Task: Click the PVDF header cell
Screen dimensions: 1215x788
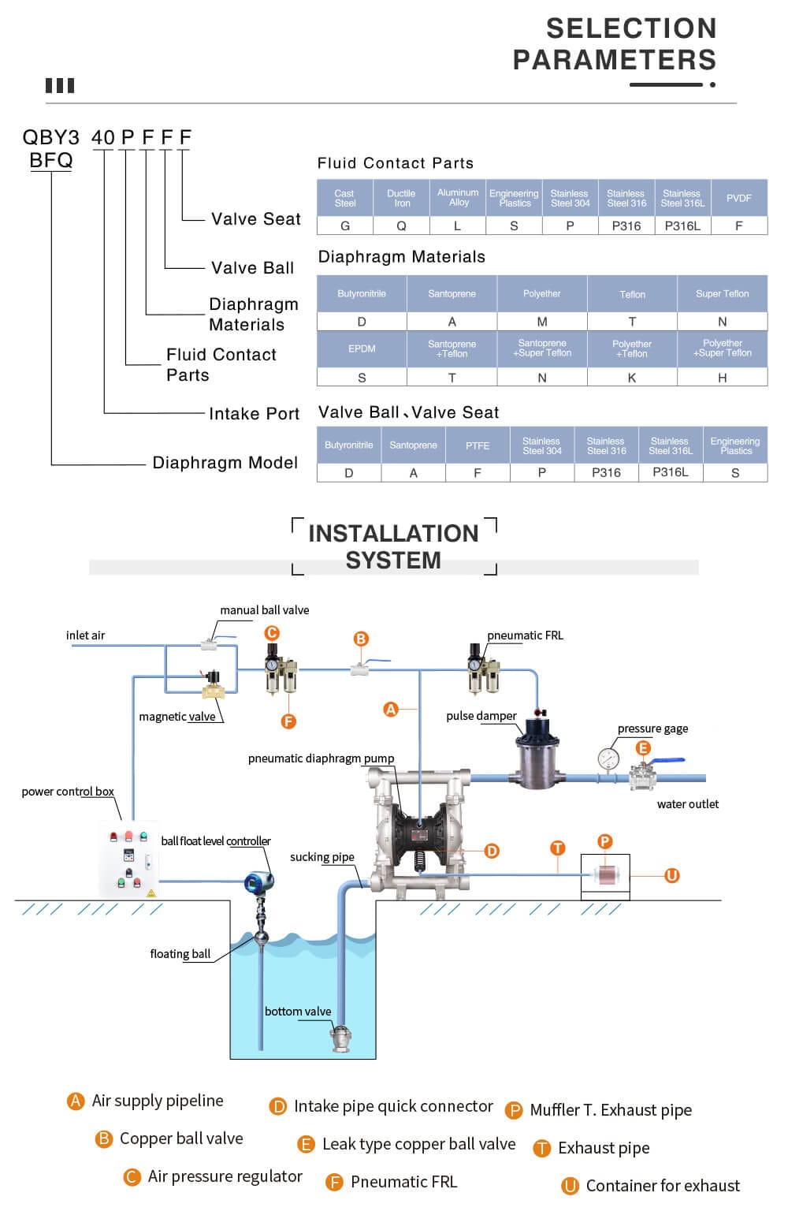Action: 738,199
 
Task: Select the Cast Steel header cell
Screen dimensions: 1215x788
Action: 344,199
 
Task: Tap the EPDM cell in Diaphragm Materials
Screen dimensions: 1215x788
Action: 362,348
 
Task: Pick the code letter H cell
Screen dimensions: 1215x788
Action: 722,378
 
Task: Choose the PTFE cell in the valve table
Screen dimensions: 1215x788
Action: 478,445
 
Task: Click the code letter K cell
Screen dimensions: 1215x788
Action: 632,378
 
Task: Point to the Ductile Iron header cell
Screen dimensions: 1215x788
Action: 401,199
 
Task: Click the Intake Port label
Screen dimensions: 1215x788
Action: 254,413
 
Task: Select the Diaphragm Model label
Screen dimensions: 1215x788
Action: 225,463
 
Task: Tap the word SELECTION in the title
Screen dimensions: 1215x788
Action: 631,28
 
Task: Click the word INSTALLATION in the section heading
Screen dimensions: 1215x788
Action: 393,534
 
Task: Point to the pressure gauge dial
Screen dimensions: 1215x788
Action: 608,759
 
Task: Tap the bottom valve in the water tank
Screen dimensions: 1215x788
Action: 341,1038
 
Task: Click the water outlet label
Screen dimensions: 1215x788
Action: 687,804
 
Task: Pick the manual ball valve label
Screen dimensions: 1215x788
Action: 264,610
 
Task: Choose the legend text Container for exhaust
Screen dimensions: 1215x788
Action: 663,1186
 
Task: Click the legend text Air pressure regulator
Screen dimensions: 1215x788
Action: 225,1176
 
